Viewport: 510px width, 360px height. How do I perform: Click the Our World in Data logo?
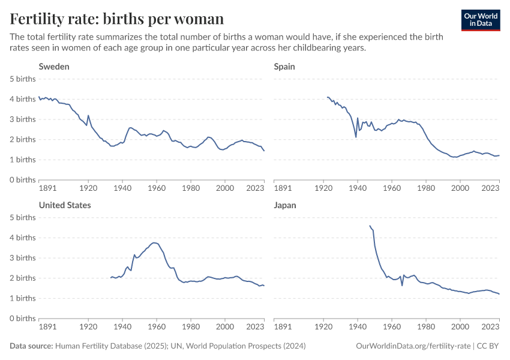coord(481,20)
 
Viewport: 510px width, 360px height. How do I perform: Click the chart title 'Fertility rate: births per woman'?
coord(117,19)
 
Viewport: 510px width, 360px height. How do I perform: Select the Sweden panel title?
coord(54,67)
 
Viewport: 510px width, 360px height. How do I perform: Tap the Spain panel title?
coord(284,67)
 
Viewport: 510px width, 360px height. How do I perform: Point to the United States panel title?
coord(65,205)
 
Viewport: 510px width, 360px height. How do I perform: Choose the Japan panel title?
coord(285,206)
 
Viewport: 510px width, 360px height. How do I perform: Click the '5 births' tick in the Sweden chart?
coord(22,79)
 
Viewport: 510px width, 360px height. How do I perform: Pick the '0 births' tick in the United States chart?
coord(22,319)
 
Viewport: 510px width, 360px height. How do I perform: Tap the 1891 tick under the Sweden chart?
coord(47,188)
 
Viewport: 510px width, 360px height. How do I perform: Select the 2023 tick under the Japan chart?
coord(490,326)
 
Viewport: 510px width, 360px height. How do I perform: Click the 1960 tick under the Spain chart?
coord(392,188)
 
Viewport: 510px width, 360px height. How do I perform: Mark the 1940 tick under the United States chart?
coord(122,326)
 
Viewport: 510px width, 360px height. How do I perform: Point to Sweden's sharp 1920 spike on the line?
coord(88,115)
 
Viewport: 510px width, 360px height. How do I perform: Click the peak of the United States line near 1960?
coord(154,242)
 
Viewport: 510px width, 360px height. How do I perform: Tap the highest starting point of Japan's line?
coord(370,226)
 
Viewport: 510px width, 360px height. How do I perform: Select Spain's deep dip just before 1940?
coord(356,137)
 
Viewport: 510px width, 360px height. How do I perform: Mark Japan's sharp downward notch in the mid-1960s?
coord(402,286)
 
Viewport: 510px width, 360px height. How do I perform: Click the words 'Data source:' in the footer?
coord(31,346)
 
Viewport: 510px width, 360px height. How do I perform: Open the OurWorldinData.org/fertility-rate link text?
coord(413,346)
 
